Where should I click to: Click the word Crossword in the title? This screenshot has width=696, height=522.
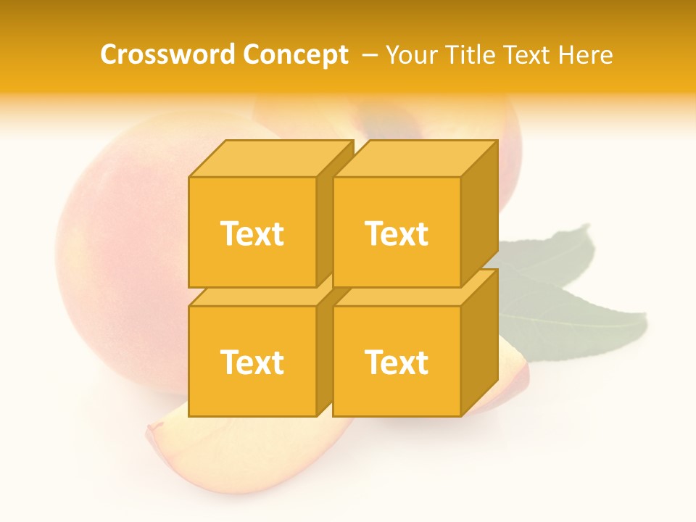(168, 54)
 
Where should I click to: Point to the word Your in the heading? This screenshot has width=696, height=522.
(413, 54)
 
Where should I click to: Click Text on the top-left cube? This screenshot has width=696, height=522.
(252, 233)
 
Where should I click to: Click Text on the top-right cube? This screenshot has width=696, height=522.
(396, 233)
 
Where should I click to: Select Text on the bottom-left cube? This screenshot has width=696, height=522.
(252, 362)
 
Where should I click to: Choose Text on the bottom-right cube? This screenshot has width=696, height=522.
(396, 362)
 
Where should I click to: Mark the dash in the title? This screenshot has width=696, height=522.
(369, 55)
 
